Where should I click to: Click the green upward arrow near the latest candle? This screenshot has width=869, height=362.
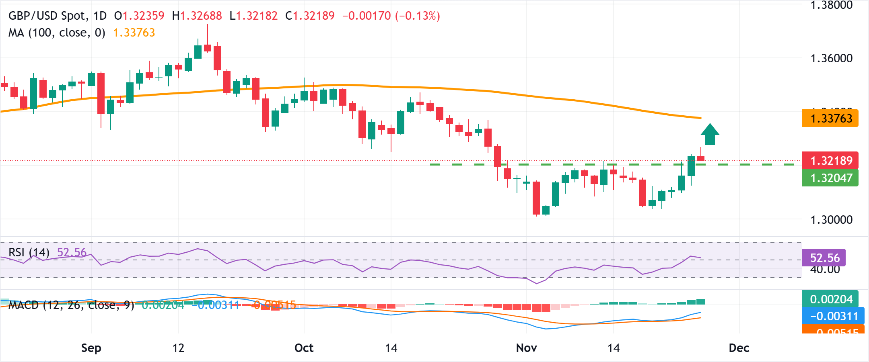710,134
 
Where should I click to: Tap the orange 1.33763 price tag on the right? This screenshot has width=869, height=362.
830,118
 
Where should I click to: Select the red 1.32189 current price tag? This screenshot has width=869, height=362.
830,160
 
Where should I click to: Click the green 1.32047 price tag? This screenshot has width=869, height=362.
830,178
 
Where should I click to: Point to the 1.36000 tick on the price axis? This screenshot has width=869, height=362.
831,58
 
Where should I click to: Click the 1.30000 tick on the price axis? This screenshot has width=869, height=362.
831,220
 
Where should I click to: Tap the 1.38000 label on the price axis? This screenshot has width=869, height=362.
831,5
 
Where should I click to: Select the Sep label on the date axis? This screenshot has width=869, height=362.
91,348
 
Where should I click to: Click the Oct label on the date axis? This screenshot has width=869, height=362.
304,348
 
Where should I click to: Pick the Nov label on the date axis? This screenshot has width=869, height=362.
526,348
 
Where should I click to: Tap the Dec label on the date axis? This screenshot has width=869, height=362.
739,348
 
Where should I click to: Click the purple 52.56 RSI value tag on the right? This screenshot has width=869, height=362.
824,258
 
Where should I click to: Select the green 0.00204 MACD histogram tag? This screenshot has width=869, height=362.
831,299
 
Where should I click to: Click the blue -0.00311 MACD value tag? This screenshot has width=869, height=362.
831,316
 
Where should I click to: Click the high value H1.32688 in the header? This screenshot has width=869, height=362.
197,16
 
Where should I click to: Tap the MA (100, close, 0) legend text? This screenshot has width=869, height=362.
57,33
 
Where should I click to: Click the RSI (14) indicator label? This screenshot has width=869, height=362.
29,252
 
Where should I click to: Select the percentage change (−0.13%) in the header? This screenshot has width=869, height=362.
418,16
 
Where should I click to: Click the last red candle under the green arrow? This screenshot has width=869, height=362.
701,158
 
